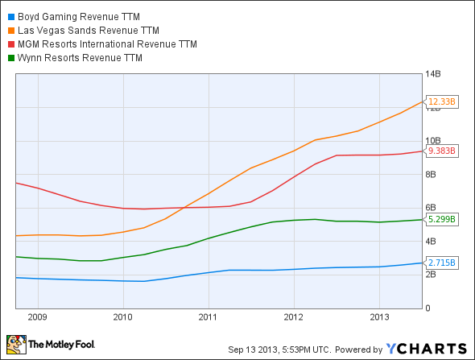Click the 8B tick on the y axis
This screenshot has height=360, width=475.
pos(432,174)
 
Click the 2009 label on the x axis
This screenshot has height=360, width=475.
pos(38,317)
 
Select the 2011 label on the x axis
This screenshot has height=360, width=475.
pos(209,317)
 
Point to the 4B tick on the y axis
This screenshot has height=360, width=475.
pos(432,242)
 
